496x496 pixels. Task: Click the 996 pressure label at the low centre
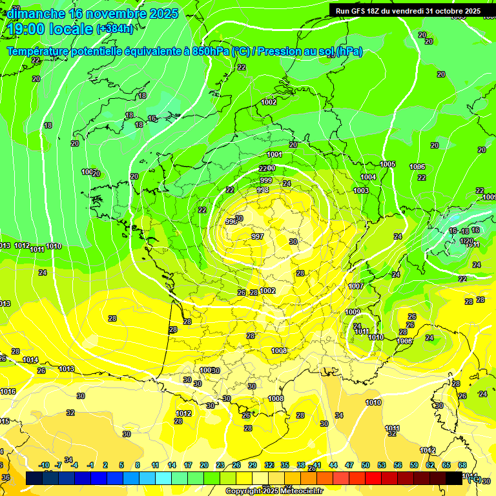pyautogui.click(x=231, y=222)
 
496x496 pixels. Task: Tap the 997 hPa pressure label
pyautogui.click(x=258, y=236)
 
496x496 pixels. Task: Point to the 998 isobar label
pyautogui.click(x=263, y=190)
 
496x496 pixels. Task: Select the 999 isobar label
pyautogui.click(x=266, y=180)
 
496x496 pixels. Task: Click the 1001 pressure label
pyautogui.click(x=274, y=154)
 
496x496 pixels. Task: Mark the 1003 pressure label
pyautogui.click(x=361, y=191)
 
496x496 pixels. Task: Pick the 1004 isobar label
pyautogui.click(x=368, y=177)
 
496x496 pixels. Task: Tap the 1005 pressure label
pyautogui.click(x=387, y=165)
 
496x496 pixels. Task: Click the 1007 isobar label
pyautogui.click(x=356, y=286)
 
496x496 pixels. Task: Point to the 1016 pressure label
pyautogui.click(x=8, y=391)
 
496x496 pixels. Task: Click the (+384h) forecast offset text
pyautogui.click(x=115, y=29)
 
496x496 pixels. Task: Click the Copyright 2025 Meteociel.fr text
pyautogui.click(x=274, y=491)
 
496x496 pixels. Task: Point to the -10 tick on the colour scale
pyautogui.click(x=44, y=465)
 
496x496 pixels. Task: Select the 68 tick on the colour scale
pyautogui.click(x=462, y=465)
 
